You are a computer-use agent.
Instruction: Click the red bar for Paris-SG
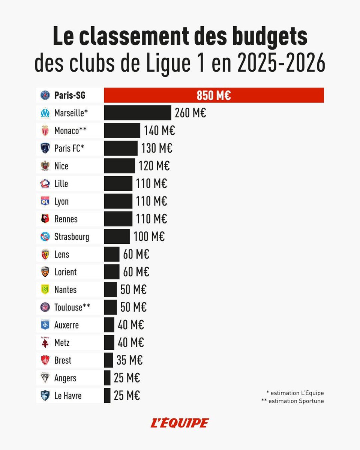pyautogui.click(x=214, y=95)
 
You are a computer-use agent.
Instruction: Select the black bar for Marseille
pyautogui.click(x=137, y=113)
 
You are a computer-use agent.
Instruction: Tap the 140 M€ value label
pyautogui.click(x=159, y=131)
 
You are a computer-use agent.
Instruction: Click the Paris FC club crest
pyautogui.click(x=45, y=148)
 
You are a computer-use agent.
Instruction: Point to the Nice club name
pyautogui.click(x=61, y=166)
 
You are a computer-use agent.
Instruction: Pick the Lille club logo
pyautogui.click(x=45, y=184)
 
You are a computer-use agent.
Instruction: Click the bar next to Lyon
pyautogui.click(x=118, y=201)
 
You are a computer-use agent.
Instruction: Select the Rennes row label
pyautogui.click(x=66, y=219)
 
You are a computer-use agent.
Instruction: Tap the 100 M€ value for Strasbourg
pyautogui.click(x=149, y=237)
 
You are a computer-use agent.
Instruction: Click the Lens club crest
pyautogui.click(x=45, y=255)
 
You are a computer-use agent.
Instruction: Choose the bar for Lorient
pyautogui.click(x=111, y=272)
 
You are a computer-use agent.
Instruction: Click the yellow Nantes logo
pyautogui.click(x=45, y=289)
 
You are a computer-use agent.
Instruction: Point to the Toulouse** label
pyautogui.click(x=72, y=307)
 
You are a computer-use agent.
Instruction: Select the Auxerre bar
pyautogui.click(x=109, y=325)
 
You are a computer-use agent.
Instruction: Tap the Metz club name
pyautogui.click(x=62, y=343)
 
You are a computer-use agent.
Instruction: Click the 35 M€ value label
pyautogui.click(x=129, y=360)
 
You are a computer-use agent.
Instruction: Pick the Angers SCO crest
pyautogui.click(x=45, y=378)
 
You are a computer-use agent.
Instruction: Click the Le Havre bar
pyautogui.click(x=107, y=396)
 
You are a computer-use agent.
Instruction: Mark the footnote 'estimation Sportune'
pyautogui.click(x=292, y=401)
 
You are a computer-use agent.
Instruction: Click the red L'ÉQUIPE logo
pyautogui.click(x=180, y=423)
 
